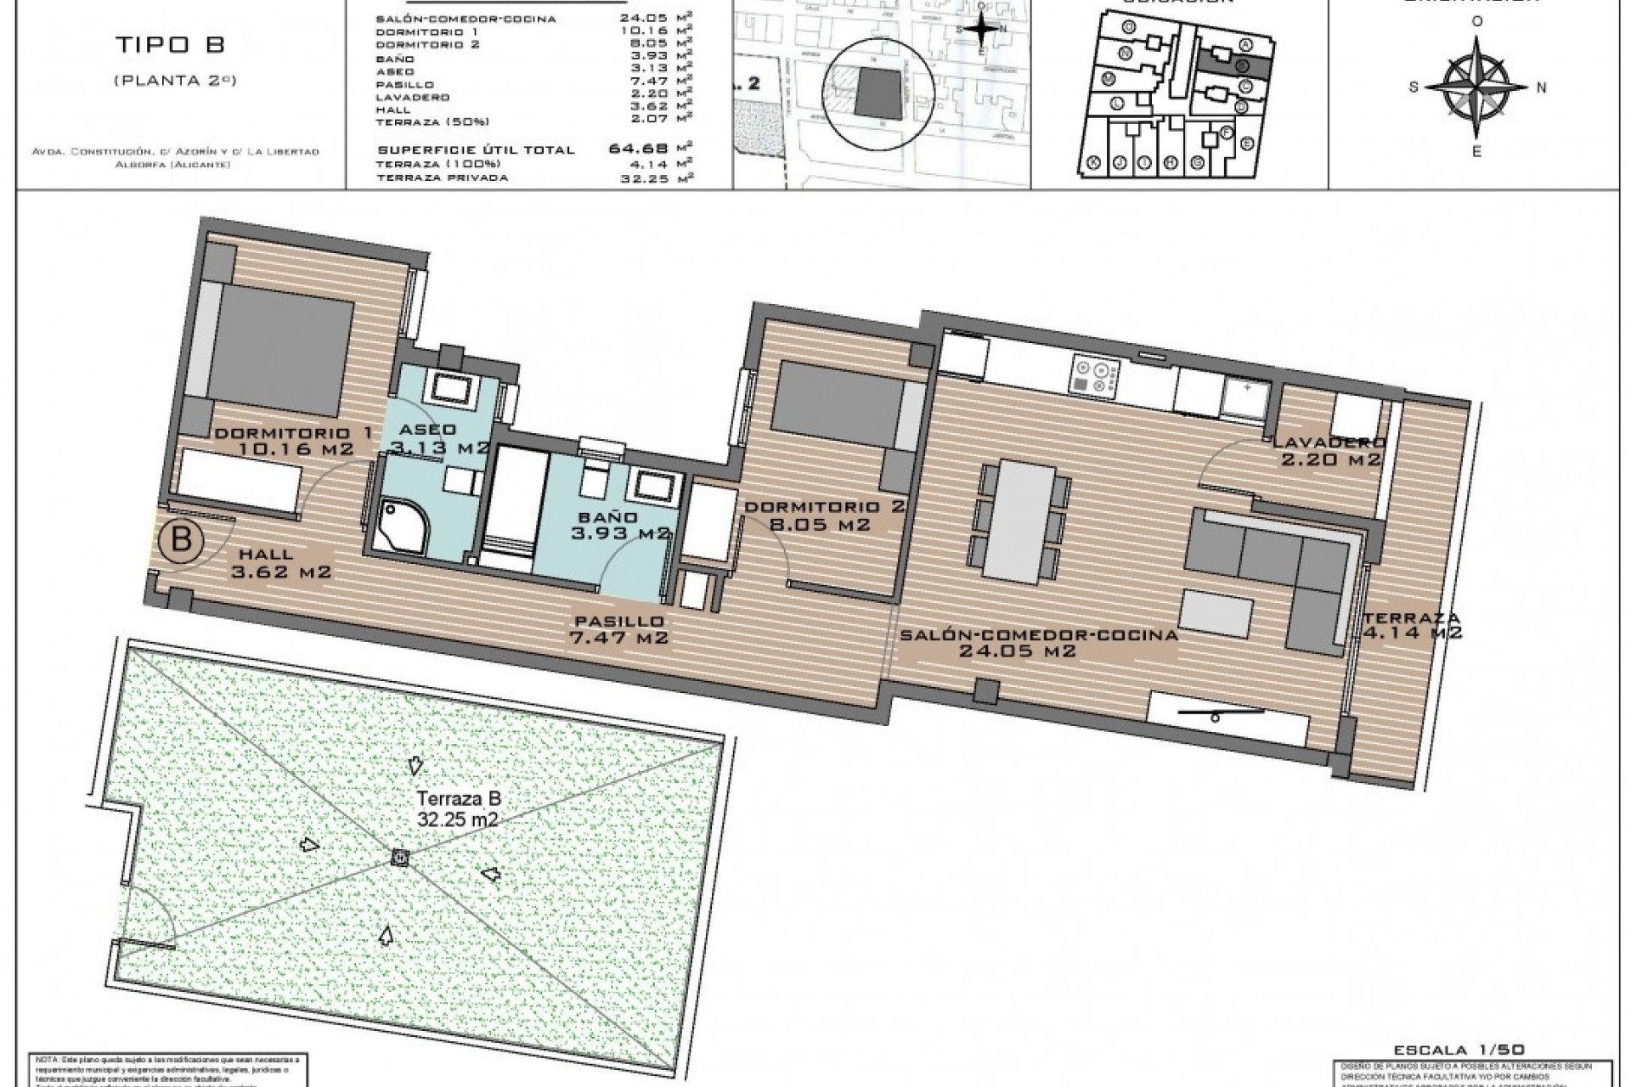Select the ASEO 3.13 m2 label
(x=436, y=438)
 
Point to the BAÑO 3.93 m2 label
(x=620, y=525)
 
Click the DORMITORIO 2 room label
(x=824, y=516)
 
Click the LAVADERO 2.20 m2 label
(x=1328, y=451)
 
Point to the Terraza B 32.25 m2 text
(x=457, y=808)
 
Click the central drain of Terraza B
(x=399, y=858)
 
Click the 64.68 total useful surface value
(x=639, y=149)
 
